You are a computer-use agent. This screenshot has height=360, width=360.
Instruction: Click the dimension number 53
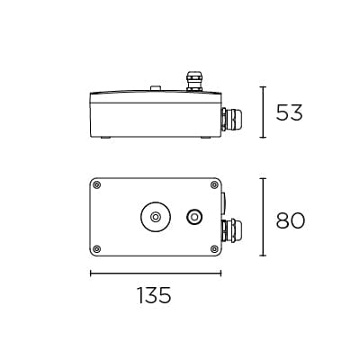[x=290, y=112]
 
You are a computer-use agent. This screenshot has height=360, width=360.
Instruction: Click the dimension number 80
[x=290, y=220]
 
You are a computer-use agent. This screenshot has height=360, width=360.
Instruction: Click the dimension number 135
[x=154, y=295]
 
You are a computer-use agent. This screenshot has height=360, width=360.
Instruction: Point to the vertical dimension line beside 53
[x=262, y=112]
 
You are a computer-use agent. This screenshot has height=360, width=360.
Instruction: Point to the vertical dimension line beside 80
[x=262, y=216]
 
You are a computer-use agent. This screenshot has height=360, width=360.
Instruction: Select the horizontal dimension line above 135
[x=155, y=273]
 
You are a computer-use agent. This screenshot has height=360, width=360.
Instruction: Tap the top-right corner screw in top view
[x=212, y=185]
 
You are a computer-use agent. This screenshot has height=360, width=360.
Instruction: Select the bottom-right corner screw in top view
[x=212, y=247]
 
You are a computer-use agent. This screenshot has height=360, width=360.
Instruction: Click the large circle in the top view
[x=156, y=217]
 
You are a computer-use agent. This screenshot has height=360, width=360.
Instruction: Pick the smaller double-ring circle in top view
[x=193, y=217]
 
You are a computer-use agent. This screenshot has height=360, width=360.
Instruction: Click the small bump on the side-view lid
[x=156, y=88]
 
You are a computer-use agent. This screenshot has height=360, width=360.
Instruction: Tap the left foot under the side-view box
[x=104, y=138]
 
